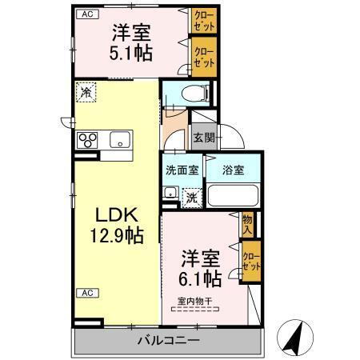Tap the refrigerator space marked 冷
(x=86, y=92)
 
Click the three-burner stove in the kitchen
(x=86, y=140)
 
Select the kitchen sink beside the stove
(x=119, y=140)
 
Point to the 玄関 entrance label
(x=203, y=138)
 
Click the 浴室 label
(x=233, y=170)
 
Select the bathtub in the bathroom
(x=233, y=197)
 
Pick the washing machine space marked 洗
(x=192, y=196)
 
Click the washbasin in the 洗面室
(x=170, y=193)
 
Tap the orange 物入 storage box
(x=248, y=224)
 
